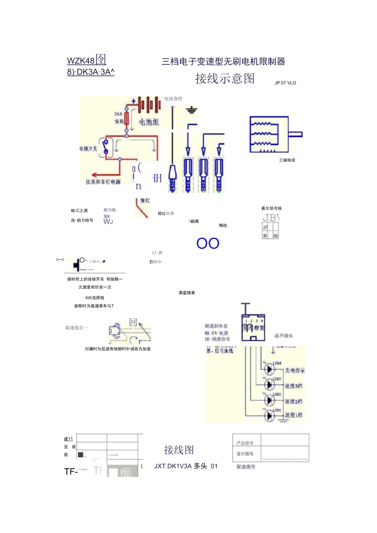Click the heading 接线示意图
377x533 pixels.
pos(225,78)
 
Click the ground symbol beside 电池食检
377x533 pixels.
pos(191,109)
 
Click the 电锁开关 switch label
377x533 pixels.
pos(88,149)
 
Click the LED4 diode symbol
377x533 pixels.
pos(269,369)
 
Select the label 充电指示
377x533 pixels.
pos(294,370)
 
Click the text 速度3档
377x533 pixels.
pos(293,386)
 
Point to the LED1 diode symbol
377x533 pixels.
pos(269,415)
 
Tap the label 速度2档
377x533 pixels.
pos(293,401)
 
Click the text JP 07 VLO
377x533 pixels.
pos(285,83)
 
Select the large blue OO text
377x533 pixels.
pos(208,243)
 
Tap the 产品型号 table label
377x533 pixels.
pos(245,443)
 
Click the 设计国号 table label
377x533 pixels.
pos(245,454)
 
